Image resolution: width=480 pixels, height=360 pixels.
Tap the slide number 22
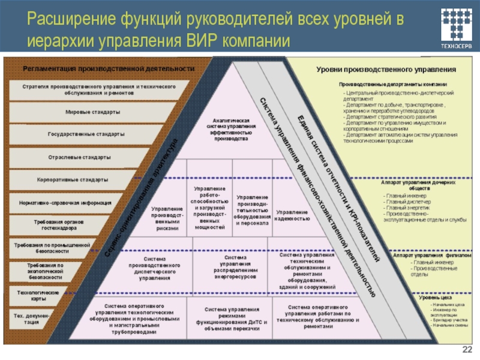point(467,350)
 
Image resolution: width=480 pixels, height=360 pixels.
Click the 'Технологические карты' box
point(37,295)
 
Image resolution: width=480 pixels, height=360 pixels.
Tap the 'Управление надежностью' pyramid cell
point(292,215)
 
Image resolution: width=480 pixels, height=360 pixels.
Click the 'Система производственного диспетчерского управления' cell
point(154,267)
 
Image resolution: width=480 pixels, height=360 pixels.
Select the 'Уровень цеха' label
point(436,297)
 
